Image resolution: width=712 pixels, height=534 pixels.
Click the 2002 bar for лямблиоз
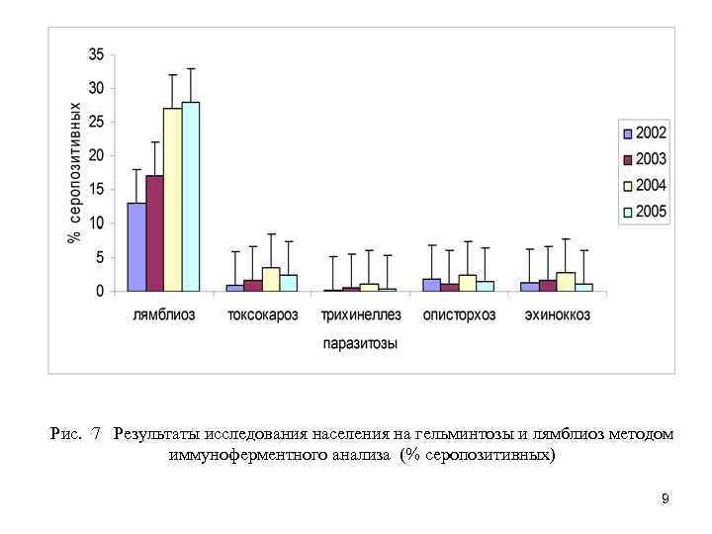tap(136, 247)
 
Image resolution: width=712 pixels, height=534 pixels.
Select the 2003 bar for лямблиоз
tap(154, 233)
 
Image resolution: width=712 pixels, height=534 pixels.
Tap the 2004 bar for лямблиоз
tap(172, 200)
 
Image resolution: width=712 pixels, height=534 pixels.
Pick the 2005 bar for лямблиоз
tap(190, 197)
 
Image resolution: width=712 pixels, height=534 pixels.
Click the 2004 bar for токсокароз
tap(270, 280)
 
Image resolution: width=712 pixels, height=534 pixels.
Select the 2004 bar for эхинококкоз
tap(566, 282)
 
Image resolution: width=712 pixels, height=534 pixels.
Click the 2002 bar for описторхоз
tap(431, 285)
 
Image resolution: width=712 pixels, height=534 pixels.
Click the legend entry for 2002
tap(644, 133)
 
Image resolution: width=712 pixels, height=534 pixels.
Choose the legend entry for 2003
tap(644, 159)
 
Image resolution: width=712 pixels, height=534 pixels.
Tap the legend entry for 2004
tap(644, 186)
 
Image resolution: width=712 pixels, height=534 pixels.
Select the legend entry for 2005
tap(644, 212)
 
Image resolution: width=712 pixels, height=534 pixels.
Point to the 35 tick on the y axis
tap(96, 53)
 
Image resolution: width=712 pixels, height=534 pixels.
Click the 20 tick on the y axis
tap(96, 155)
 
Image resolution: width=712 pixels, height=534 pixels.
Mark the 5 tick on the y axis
tap(100, 257)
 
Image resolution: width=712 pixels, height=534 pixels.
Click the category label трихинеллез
tap(361, 315)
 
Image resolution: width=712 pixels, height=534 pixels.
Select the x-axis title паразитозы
tap(361, 344)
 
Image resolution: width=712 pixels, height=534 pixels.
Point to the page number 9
tap(666, 498)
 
